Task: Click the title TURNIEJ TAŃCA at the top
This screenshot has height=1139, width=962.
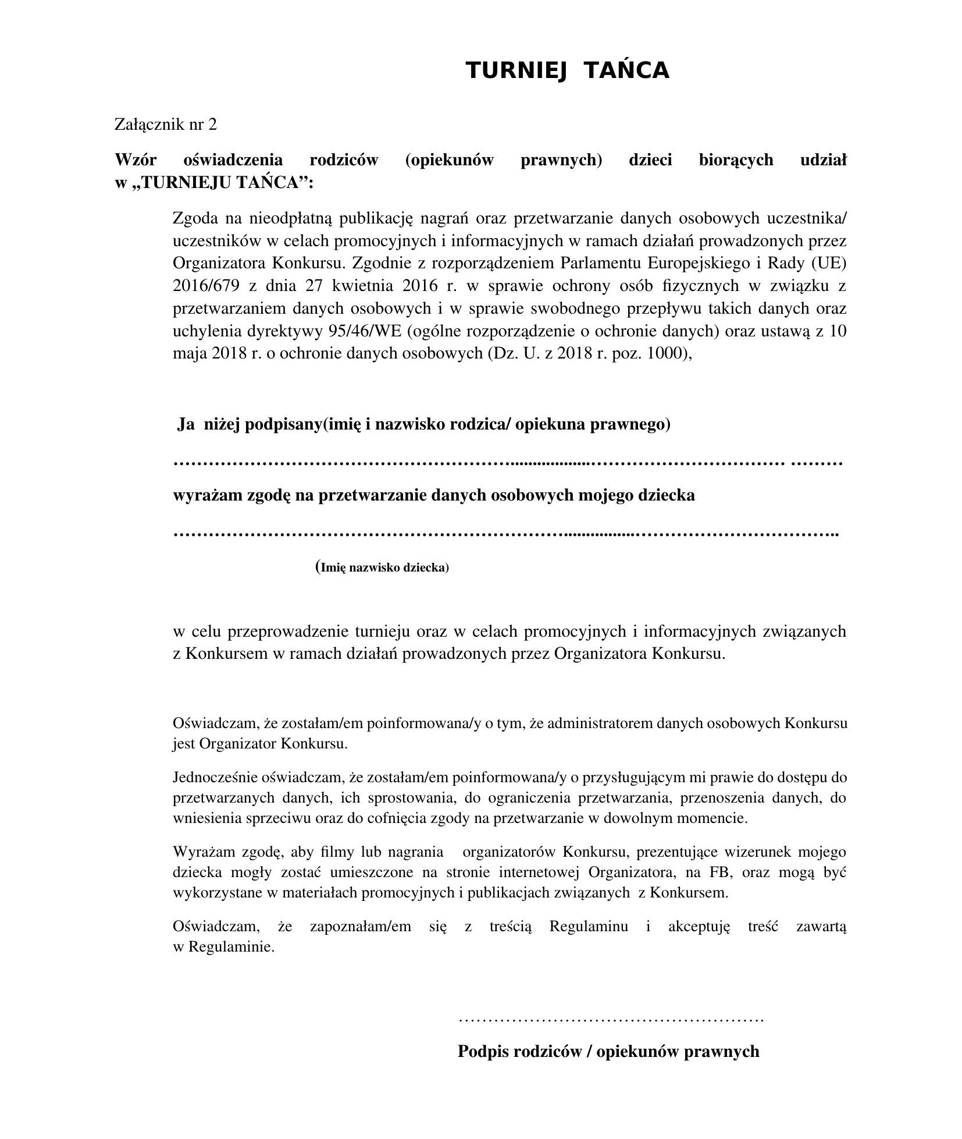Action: (567, 70)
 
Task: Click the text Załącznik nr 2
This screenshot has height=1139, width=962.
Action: (165, 124)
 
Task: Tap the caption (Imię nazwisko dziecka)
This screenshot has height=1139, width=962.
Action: (382, 567)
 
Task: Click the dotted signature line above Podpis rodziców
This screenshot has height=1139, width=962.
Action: (610, 1019)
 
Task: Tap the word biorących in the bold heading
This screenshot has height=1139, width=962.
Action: (736, 159)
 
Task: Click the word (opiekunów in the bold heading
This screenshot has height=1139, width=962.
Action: (449, 159)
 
